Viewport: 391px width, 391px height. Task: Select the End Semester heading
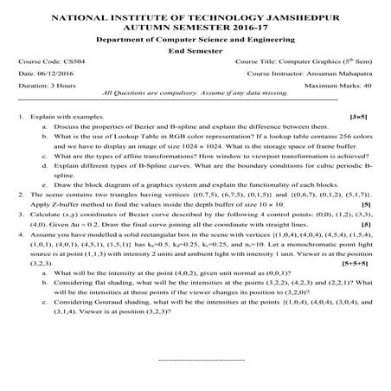coord(195,51)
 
